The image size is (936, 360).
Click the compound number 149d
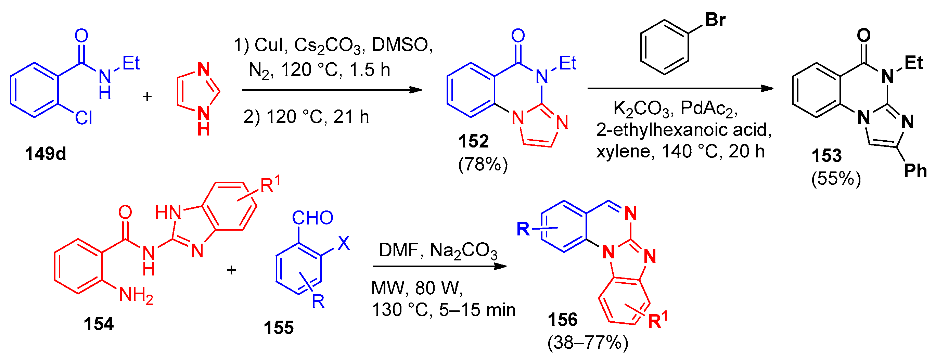[46, 154]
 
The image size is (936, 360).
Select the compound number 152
[473, 141]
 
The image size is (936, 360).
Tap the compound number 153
[826, 156]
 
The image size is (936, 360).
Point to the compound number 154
[99, 324]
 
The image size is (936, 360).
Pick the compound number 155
[278, 328]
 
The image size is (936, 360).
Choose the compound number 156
[563, 320]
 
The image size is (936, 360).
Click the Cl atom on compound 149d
[83, 118]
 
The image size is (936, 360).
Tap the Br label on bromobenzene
[715, 20]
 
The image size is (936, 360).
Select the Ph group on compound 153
[915, 171]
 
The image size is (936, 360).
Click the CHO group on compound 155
[312, 218]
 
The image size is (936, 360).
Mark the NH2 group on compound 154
[136, 295]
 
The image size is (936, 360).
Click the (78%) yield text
[483, 165]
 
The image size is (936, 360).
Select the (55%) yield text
[836, 179]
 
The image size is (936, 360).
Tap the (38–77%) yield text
[588, 343]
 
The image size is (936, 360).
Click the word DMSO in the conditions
[401, 45]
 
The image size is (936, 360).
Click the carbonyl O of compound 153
[864, 35]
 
